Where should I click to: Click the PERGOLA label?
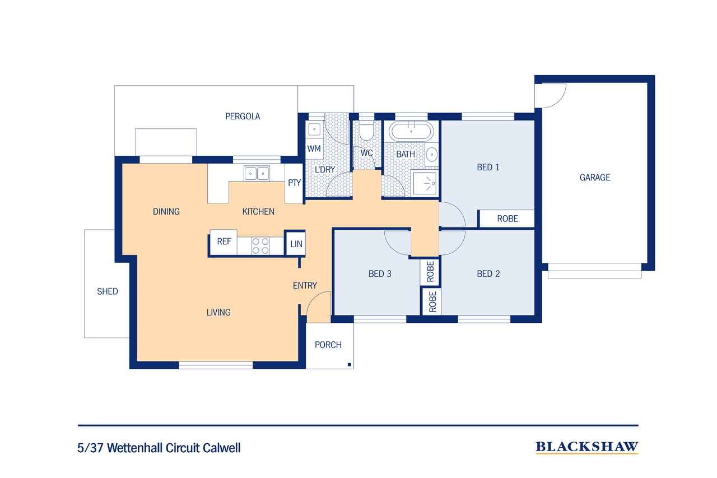pyautogui.click(x=243, y=117)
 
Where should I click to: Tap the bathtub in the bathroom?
pyautogui.click(x=411, y=131)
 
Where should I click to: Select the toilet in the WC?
pyautogui.click(x=366, y=131)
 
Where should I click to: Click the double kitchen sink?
pyautogui.click(x=257, y=174)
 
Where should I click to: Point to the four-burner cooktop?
pyautogui.click(x=260, y=246)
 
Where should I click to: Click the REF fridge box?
pyautogui.click(x=224, y=242)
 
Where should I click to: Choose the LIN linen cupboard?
pyautogui.click(x=296, y=244)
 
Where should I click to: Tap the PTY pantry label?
pyautogui.click(x=294, y=183)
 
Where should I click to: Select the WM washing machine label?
pyautogui.click(x=314, y=149)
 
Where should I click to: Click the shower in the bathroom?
pyautogui.click(x=425, y=183)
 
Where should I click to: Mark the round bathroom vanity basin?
pyautogui.click(x=432, y=155)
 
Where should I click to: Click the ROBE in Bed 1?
pyautogui.click(x=508, y=219)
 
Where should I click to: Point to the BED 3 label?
pyautogui.click(x=380, y=274)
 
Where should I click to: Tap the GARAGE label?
pyautogui.click(x=595, y=178)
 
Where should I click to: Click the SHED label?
pyautogui.click(x=107, y=291)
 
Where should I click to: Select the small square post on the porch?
pyautogui.click(x=349, y=365)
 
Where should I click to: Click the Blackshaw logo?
pyautogui.click(x=587, y=447)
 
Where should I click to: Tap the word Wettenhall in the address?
pyautogui.click(x=136, y=448)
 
